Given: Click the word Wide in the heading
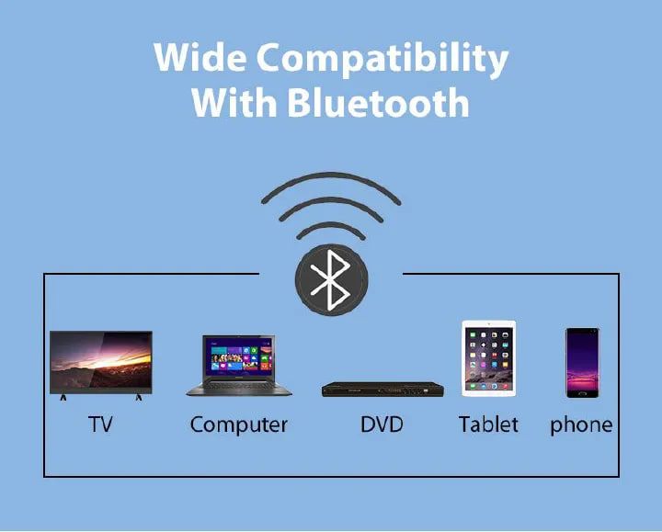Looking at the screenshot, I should (199, 58).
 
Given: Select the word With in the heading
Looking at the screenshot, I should (234, 102).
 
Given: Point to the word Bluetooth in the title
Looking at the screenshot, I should (378, 102).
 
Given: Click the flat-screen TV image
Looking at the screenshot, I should (100, 361).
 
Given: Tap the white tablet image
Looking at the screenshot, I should (489, 357).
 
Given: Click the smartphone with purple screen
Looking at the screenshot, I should (581, 362).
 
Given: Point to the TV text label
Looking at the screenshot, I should (100, 425).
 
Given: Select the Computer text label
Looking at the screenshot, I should (238, 425).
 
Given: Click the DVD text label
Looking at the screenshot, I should (381, 425).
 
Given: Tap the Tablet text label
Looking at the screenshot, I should (488, 425).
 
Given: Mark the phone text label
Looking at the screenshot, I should (581, 425).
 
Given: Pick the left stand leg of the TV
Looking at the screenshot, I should (63, 397).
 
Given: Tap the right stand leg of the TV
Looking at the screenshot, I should (139, 397).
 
